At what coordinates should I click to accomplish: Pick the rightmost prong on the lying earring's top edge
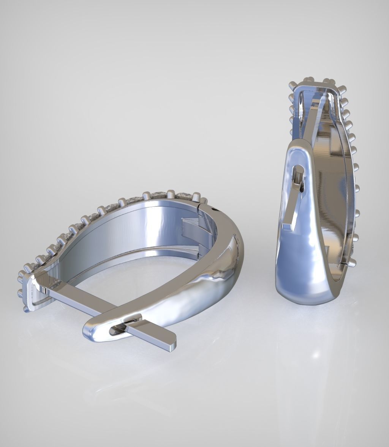pos(204,201)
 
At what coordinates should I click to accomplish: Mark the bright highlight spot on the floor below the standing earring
pos(315,355)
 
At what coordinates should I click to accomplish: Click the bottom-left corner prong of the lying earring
pos(26,310)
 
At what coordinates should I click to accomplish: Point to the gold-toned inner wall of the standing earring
pos(327,171)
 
